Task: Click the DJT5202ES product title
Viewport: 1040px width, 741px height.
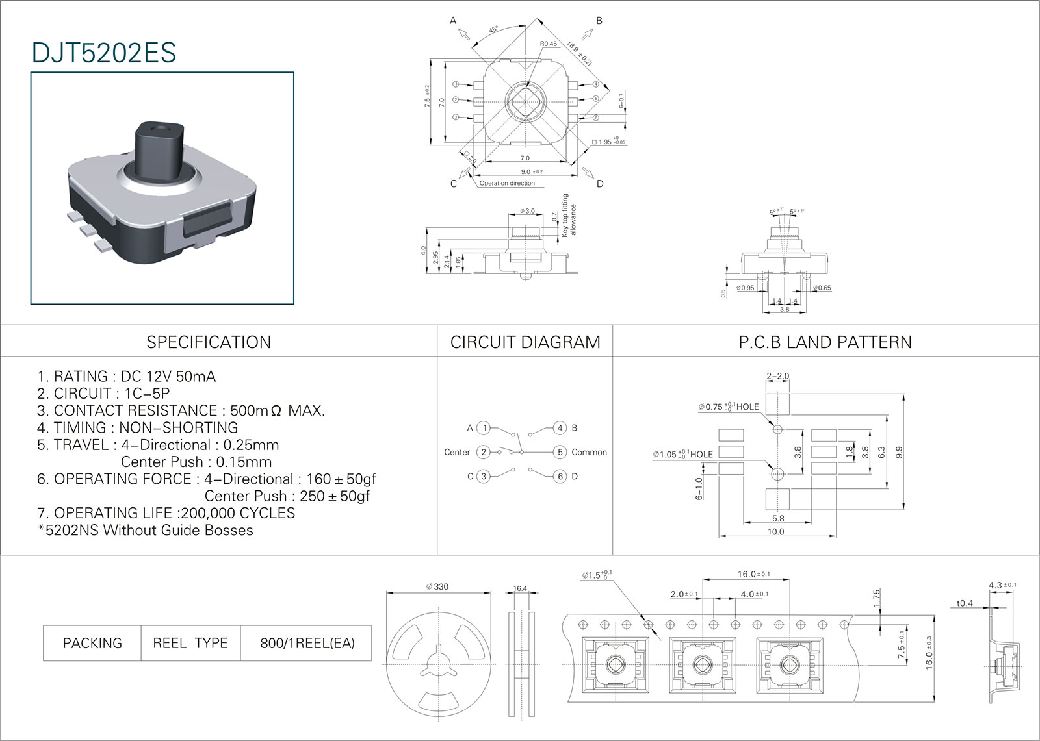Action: (x=104, y=53)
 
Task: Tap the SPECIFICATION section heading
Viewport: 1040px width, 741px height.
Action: (x=209, y=342)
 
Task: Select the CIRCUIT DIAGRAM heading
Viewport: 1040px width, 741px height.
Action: (x=525, y=342)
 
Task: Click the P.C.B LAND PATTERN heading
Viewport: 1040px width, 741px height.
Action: (x=825, y=342)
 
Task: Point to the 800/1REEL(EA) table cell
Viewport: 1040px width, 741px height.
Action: (x=307, y=643)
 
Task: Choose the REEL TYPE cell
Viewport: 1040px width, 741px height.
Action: (x=190, y=643)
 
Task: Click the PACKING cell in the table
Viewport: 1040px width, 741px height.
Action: (x=92, y=643)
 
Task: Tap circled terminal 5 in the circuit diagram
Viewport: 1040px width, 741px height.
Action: (x=560, y=452)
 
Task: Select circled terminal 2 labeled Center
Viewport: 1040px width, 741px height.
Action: (x=483, y=452)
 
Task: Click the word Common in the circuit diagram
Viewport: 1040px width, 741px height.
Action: (x=589, y=452)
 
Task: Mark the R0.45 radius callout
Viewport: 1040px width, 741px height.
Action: (x=549, y=44)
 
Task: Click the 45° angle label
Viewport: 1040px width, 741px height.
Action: (x=494, y=30)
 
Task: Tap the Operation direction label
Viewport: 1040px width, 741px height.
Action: (x=507, y=184)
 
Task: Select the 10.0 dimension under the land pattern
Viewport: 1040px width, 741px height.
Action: (x=775, y=531)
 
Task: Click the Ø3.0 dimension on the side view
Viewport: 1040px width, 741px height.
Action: (x=527, y=211)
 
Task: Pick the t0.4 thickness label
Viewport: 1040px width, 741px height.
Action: (x=965, y=603)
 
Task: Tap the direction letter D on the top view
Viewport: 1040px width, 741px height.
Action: (x=600, y=184)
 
